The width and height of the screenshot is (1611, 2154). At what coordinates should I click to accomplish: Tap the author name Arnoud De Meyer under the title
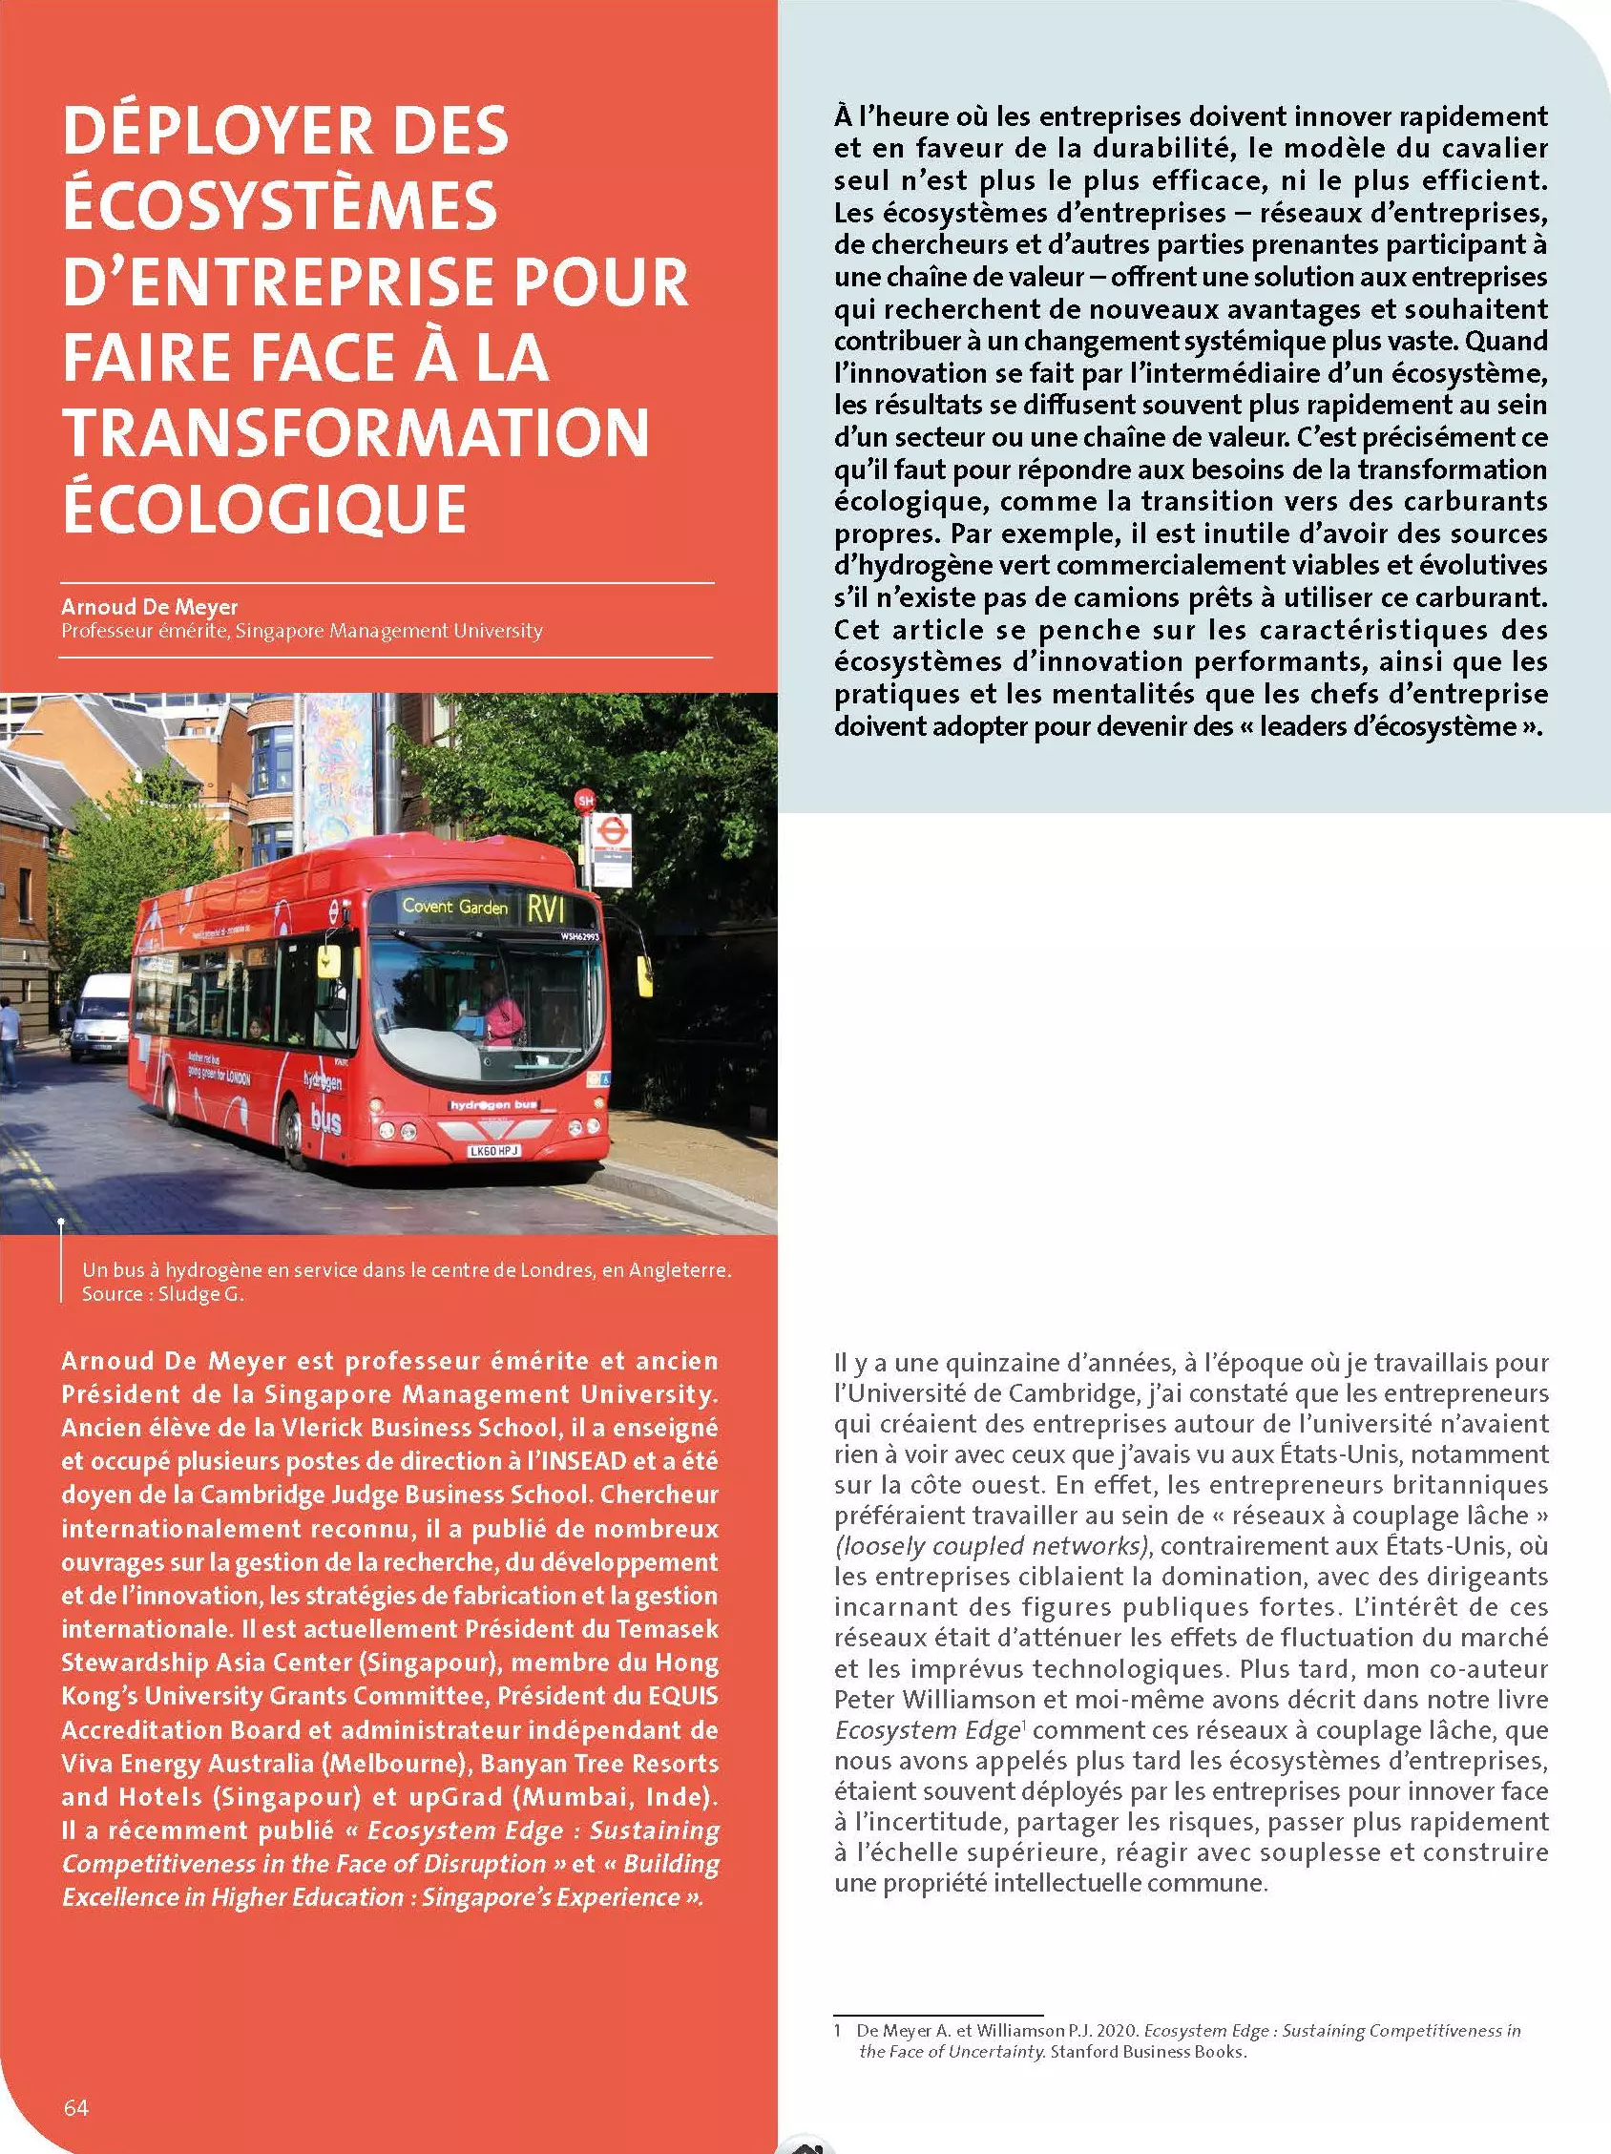pos(149,607)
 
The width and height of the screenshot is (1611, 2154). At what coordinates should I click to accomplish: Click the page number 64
pos(75,2108)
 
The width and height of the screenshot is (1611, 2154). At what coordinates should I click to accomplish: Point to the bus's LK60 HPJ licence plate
pos(493,1150)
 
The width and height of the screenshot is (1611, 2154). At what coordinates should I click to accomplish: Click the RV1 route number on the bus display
pos(546,910)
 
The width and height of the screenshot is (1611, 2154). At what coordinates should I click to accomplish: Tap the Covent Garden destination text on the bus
pos(455,907)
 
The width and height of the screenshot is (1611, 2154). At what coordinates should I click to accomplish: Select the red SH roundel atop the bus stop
pos(585,802)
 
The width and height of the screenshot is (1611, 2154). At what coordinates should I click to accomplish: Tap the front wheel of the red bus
pos(291,1131)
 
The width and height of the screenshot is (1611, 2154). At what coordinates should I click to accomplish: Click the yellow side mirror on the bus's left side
pos(644,971)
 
